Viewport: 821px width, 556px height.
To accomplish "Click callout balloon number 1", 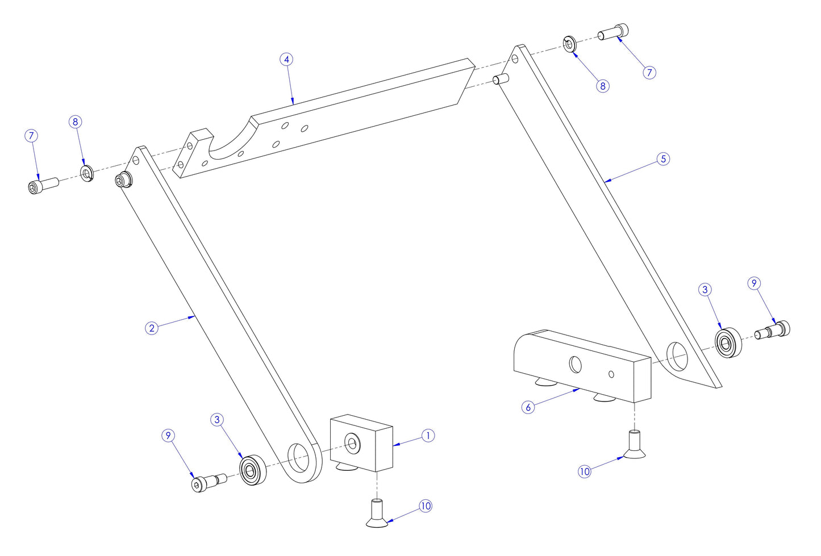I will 428,436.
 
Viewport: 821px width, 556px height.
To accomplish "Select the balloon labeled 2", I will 151,328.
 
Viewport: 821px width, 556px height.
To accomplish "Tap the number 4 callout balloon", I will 287,60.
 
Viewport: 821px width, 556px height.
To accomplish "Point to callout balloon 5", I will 663,159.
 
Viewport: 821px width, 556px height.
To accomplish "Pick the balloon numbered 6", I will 528,407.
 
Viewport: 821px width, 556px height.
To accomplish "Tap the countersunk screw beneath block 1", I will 377,512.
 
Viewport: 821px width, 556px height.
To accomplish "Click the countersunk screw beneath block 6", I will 634,444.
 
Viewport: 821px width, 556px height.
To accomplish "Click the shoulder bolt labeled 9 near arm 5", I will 773,330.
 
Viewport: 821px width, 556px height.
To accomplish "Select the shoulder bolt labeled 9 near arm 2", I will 208,482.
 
